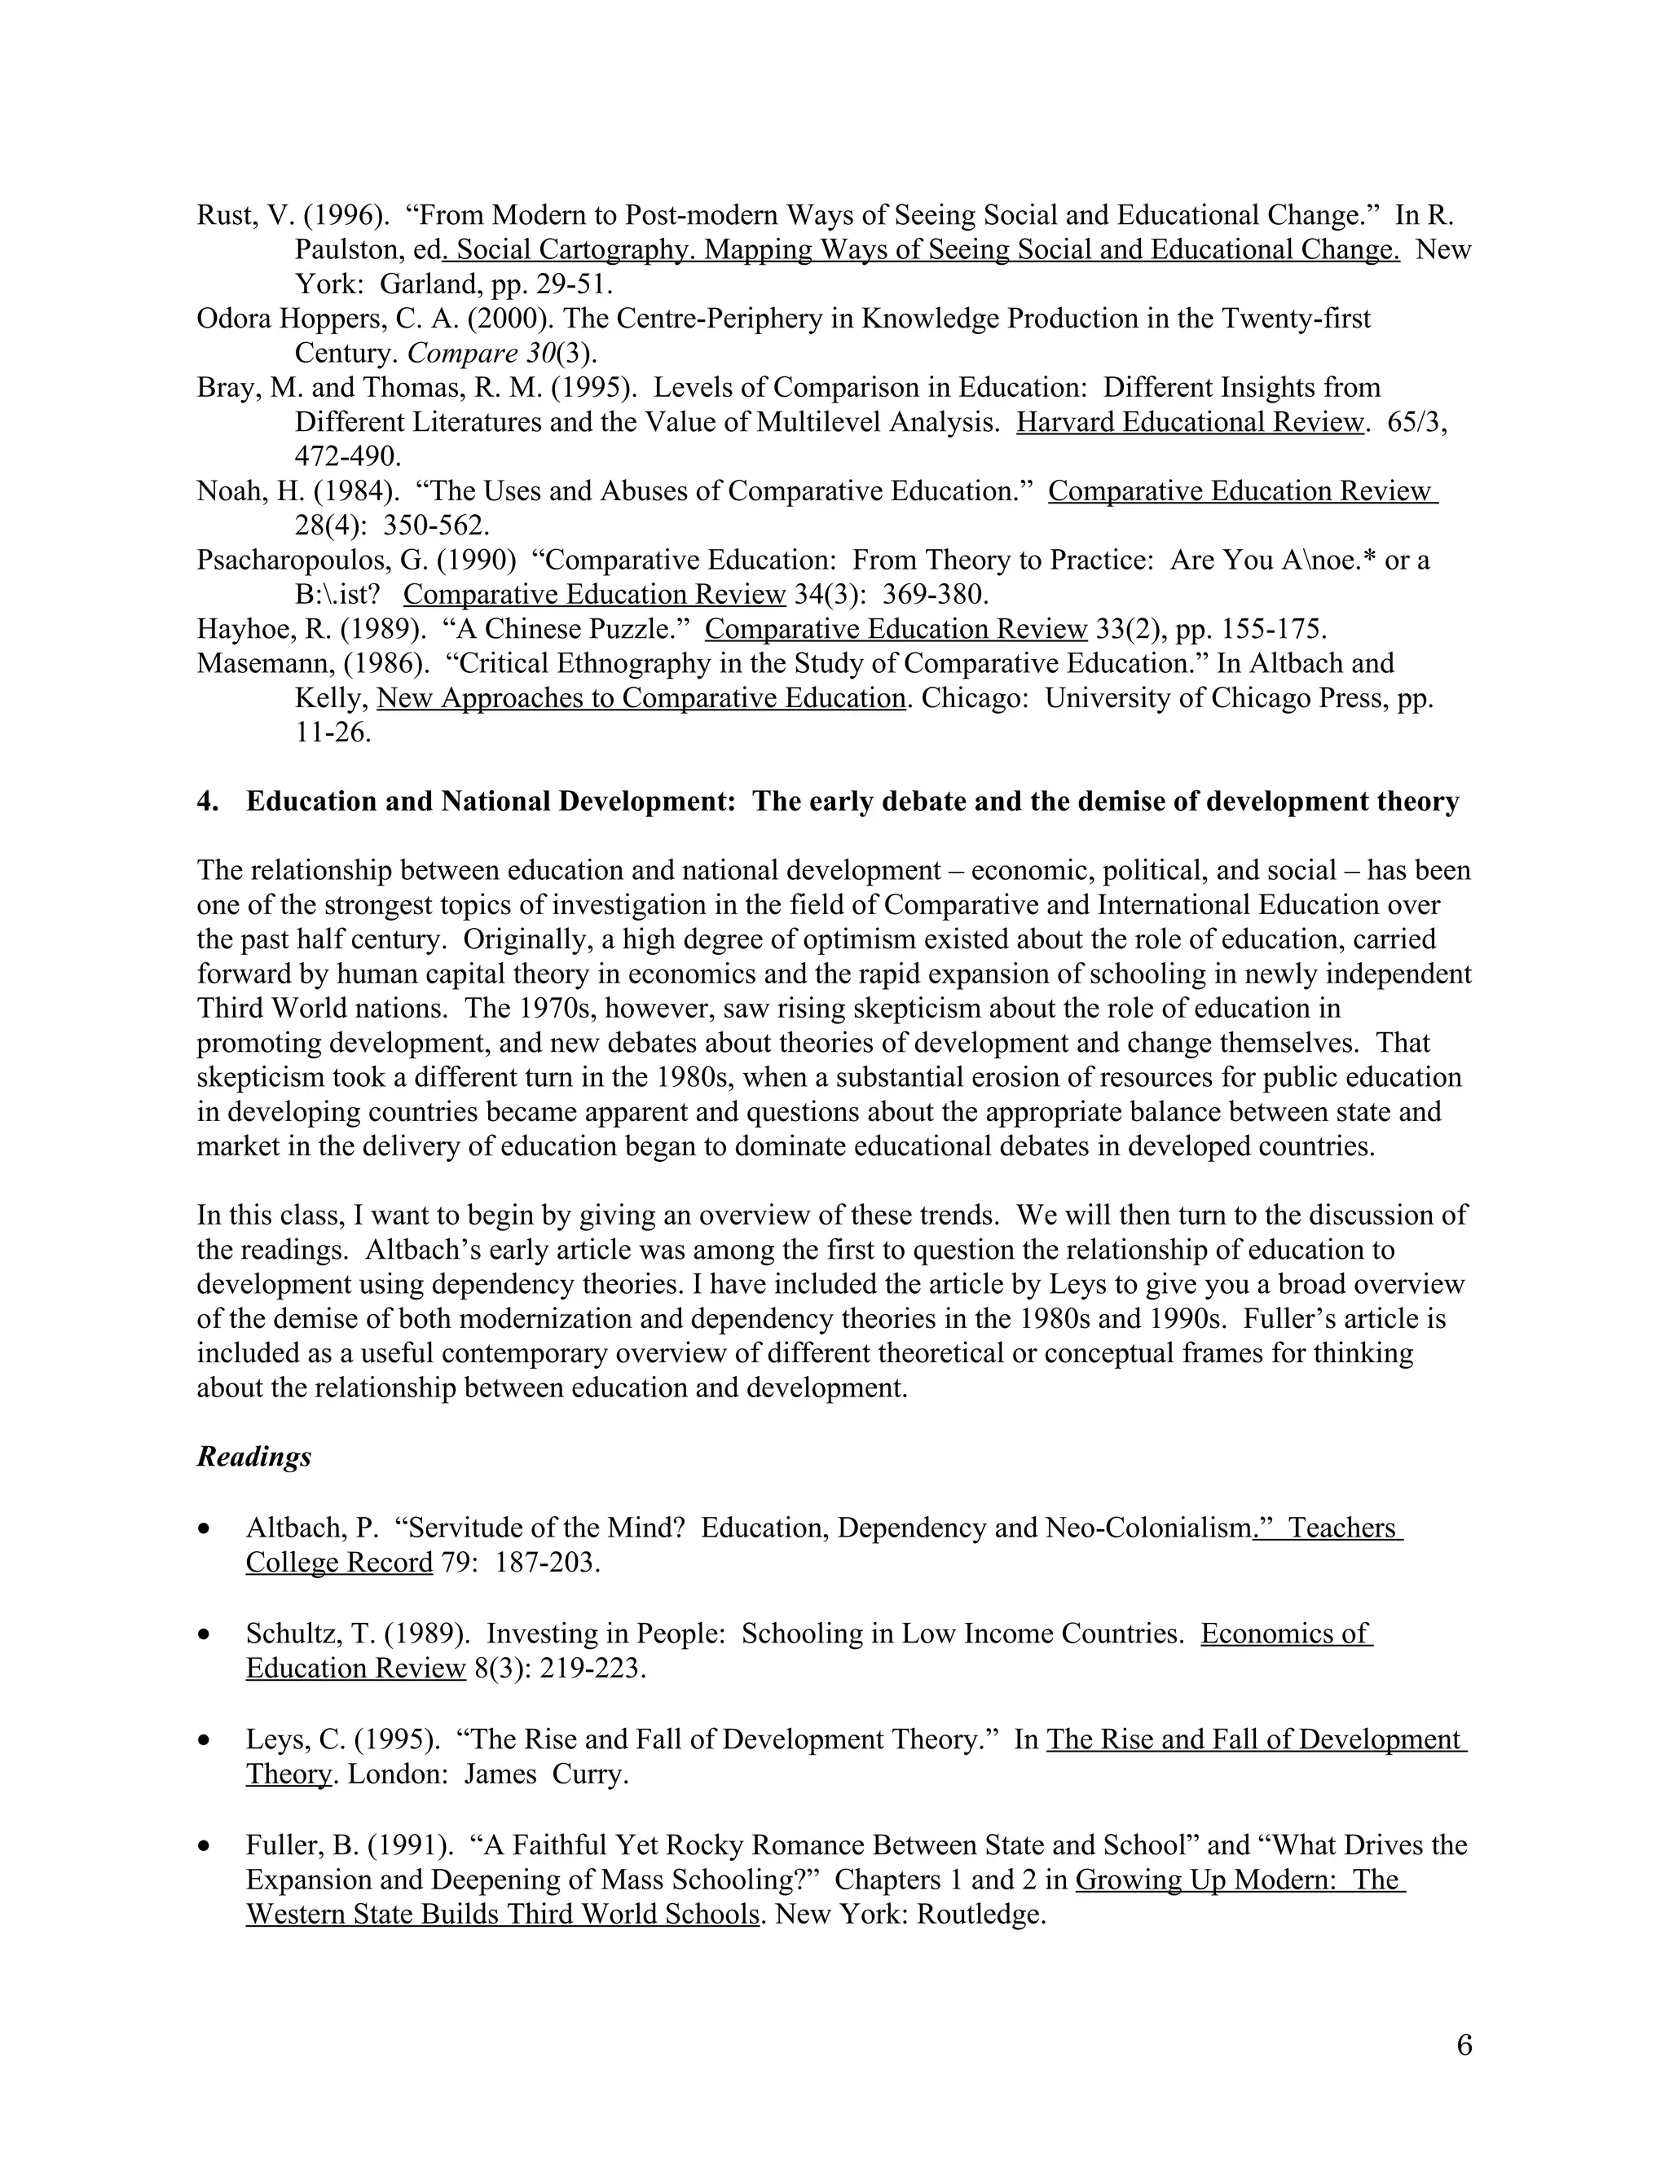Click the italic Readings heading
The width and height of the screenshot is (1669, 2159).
click(x=254, y=1458)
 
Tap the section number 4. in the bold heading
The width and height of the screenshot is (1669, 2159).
click(x=208, y=801)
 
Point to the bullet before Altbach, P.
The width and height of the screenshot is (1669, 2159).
click(x=204, y=1529)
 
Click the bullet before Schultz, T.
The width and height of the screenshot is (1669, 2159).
click(x=204, y=1635)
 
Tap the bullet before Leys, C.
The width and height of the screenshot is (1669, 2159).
click(x=204, y=1741)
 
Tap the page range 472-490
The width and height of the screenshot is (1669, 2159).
click(x=347, y=457)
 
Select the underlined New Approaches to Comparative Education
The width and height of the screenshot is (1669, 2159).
click(x=641, y=698)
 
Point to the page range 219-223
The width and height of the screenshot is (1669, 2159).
click(x=592, y=1669)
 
